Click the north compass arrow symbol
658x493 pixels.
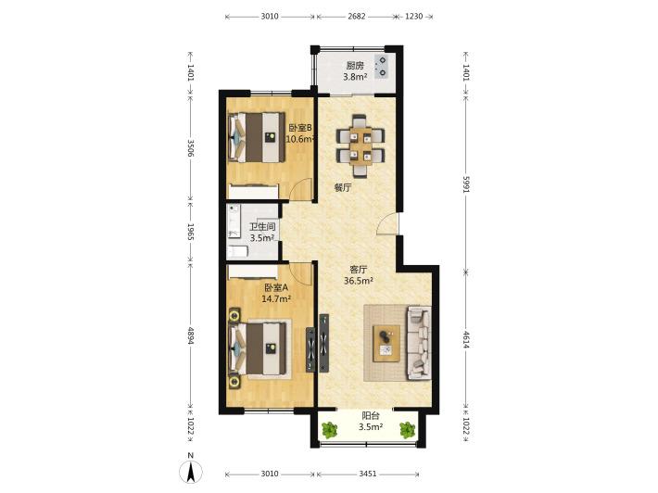[191, 472]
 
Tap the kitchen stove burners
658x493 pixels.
[383, 67]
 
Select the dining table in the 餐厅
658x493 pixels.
[361, 146]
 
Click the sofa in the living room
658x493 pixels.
[418, 343]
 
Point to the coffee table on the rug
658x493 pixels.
[386, 343]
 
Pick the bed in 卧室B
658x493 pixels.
[256, 137]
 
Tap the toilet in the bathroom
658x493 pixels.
[237, 252]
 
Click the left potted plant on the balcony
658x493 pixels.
[329, 430]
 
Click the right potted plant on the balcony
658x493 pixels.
[407, 430]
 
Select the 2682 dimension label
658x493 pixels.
[357, 17]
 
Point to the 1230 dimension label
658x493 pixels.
[413, 17]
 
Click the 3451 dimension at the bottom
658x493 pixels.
[368, 474]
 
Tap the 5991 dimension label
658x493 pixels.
[466, 183]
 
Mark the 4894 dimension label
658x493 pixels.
[191, 336]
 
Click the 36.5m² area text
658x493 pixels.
[359, 281]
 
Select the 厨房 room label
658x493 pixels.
[355, 66]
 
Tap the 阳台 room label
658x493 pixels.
[371, 416]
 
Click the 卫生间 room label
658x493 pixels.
[262, 227]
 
